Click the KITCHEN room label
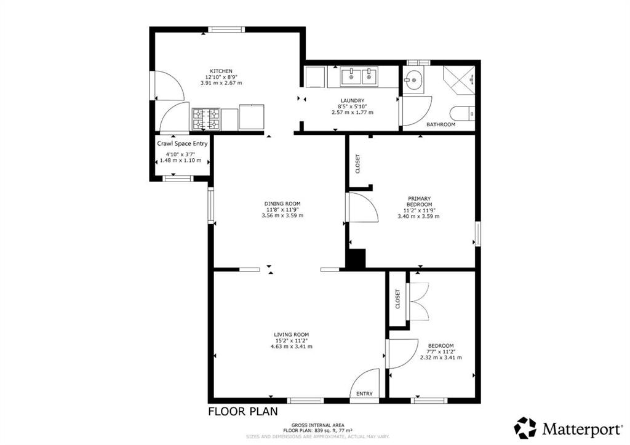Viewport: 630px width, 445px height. pos(220,71)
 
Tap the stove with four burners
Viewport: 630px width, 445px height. pos(206,119)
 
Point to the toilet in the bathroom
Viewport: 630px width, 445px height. pos(461,114)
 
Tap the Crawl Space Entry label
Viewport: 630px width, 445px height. pos(182,143)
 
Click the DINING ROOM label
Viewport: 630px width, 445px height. pos(282,204)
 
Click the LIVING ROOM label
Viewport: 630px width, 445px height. pos(292,334)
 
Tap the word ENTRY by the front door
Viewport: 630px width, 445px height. pos(364,394)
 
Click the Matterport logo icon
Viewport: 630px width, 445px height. pos(525,427)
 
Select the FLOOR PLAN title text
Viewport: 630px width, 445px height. pos(242,411)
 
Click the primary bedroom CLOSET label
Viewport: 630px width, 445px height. pos(358,163)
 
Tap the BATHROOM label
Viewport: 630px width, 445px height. pos(441,125)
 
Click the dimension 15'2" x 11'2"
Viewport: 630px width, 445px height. pos(292,340)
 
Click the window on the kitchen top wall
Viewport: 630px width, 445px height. pos(226,29)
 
